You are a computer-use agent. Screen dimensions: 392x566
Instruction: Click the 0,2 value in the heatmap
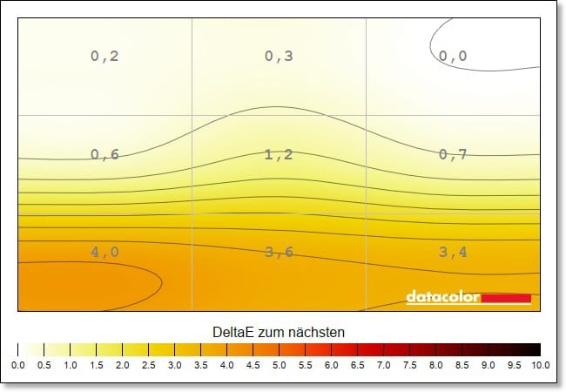[x=104, y=57]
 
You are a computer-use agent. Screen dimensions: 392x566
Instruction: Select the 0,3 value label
[x=279, y=57]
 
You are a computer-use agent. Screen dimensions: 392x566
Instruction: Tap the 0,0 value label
[x=453, y=57]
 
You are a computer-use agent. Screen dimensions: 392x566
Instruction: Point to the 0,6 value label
[x=104, y=155]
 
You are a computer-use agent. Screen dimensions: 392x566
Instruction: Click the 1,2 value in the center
[x=279, y=155]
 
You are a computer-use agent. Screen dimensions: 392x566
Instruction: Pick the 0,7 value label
[x=453, y=155]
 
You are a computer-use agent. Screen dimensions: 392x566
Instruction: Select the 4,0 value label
[x=104, y=253]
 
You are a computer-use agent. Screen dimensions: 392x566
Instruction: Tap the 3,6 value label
[x=279, y=253]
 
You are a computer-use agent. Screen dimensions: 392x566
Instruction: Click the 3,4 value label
[x=453, y=253]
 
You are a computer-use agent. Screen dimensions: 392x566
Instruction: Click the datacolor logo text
[x=443, y=298]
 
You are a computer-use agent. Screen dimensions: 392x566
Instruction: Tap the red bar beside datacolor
[x=506, y=298]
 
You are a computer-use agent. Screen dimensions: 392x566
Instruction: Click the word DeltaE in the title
[x=232, y=333]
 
